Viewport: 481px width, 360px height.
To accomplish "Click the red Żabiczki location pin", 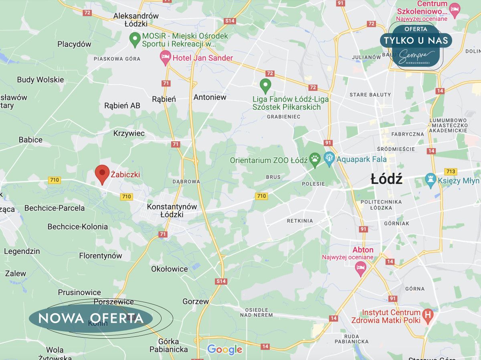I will (x=102, y=174).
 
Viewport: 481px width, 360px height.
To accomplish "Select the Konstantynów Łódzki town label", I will (x=172, y=211).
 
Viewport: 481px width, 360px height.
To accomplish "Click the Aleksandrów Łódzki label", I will (x=136, y=20).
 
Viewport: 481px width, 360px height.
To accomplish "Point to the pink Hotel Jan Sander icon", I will (x=165, y=58).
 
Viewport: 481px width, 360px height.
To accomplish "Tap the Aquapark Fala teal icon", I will (x=329, y=159).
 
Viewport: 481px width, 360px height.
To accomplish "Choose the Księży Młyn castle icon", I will (x=431, y=180).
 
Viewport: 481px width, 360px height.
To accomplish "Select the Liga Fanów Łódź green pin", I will (x=265, y=85).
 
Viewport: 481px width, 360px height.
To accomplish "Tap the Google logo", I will (x=224, y=350).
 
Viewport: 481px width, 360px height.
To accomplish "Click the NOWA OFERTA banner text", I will (x=91, y=318).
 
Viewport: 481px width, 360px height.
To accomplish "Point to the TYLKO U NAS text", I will (x=416, y=40).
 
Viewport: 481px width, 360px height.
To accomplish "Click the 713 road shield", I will (x=451, y=171).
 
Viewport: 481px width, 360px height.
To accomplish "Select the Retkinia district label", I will (x=300, y=221).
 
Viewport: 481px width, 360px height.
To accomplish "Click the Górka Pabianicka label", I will (x=168, y=345).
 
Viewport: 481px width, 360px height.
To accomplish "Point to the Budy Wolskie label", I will (x=40, y=80).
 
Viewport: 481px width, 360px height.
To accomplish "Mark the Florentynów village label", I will (x=100, y=255).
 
